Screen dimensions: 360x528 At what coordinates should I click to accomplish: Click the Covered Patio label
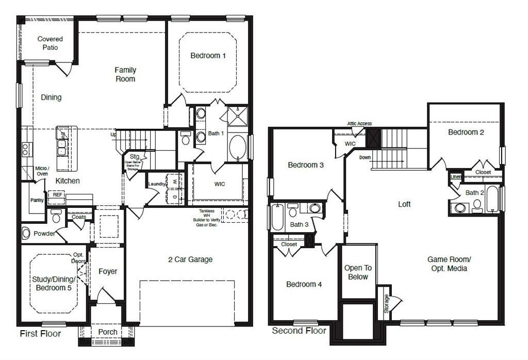pos(51,43)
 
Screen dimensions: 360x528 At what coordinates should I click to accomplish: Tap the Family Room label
pos(125,74)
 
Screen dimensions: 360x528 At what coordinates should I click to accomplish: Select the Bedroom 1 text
pos(208,56)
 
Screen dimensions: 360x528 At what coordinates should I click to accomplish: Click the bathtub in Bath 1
pos(238,148)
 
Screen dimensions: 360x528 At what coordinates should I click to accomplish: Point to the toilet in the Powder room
pos(26,233)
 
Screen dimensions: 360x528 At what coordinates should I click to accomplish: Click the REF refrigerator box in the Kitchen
pos(56,195)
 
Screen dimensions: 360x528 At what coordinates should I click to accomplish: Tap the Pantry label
pos(37,200)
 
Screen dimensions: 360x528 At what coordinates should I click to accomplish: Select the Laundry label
pos(156,184)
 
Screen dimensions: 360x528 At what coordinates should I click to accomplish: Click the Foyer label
pos(108,271)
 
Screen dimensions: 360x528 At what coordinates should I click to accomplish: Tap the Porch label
pos(107,332)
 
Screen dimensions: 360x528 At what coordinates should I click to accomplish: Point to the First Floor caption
pos(40,334)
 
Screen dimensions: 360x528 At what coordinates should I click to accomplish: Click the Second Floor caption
pos(299,331)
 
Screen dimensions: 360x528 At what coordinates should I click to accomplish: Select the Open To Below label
pos(358,272)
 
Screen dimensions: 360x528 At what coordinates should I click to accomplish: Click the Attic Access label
pos(359,124)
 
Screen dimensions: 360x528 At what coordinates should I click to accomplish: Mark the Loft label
pos(404,204)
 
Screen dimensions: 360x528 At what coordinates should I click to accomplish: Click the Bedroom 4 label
pos(304,284)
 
